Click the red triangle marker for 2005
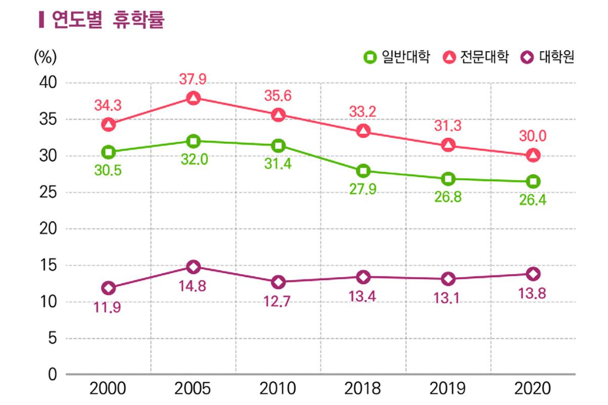click(x=193, y=98)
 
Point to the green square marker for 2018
click(x=363, y=171)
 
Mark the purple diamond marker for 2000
click(x=108, y=288)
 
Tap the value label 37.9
click(x=193, y=79)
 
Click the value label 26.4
click(x=533, y=200)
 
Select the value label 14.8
click(x=193, y=286)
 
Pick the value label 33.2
click(x=363, y=112)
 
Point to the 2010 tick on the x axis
click(x=278, y=389)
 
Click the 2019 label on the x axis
click(x=447, y=389)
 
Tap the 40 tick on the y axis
click(x=48, y=83)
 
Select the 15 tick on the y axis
click(x=48, y=265)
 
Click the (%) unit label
click(x=45, y=58)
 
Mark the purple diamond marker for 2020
click(x=533, y=274)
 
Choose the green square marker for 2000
click(x=108, y=152)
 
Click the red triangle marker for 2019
click(x=447, y=145)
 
